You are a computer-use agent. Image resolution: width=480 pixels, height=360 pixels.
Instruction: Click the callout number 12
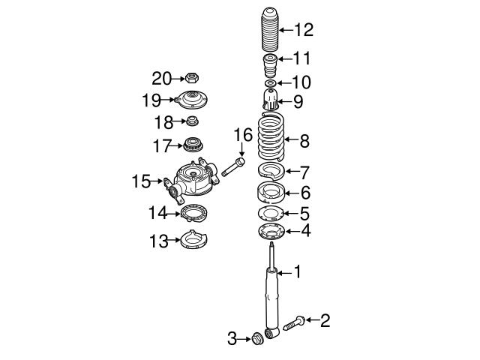click(303, 31)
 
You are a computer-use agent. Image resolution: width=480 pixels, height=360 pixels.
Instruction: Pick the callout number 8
click(304, 140)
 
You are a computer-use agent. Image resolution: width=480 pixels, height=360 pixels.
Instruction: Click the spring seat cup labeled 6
click(271, 192)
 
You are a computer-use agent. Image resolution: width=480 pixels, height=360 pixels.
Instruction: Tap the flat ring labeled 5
click(271, 214)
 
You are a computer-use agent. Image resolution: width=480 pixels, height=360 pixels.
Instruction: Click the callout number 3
click(232, 340)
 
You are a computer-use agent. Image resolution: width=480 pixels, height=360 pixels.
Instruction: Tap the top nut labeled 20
click(190, 77)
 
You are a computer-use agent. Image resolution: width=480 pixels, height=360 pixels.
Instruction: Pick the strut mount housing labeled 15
click(193, 181)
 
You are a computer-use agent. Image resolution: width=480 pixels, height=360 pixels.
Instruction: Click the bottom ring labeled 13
click(191, 241)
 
